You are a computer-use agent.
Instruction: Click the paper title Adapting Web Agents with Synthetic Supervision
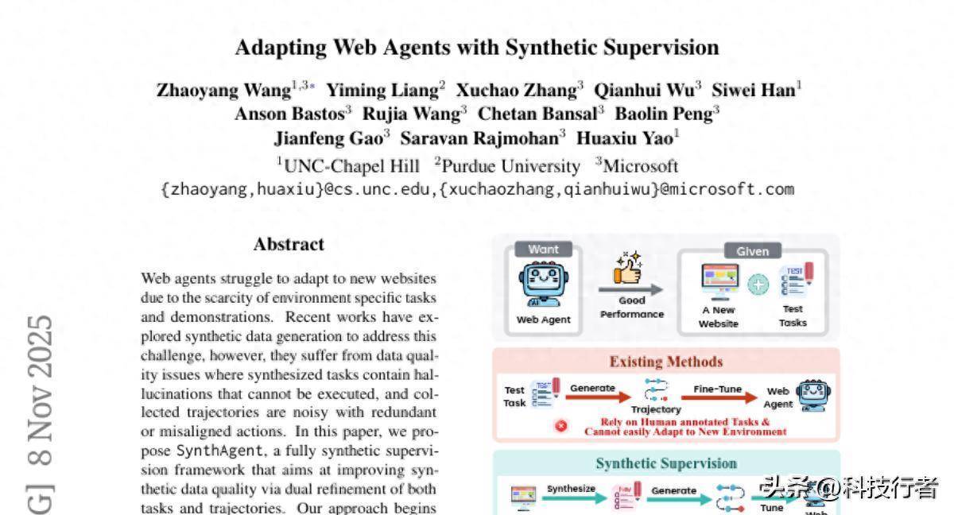click(x=477, y=48)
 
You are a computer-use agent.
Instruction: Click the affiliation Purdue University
click(x=510, y=166)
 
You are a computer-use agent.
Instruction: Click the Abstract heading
click(x=289, y=244)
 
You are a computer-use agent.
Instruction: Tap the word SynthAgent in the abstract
click(x=208, y=451)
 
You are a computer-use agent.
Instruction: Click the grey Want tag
click(x=543, y=250)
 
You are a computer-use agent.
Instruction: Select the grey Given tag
click(x=752, y=251)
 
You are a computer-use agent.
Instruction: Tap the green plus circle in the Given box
click(x=759, y=285)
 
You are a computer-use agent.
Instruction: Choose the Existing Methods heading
click(x=666, y=362)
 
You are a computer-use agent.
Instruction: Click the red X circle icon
click(x=561, y=426)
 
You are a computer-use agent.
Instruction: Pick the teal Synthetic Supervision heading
click(x=666, y=463)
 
